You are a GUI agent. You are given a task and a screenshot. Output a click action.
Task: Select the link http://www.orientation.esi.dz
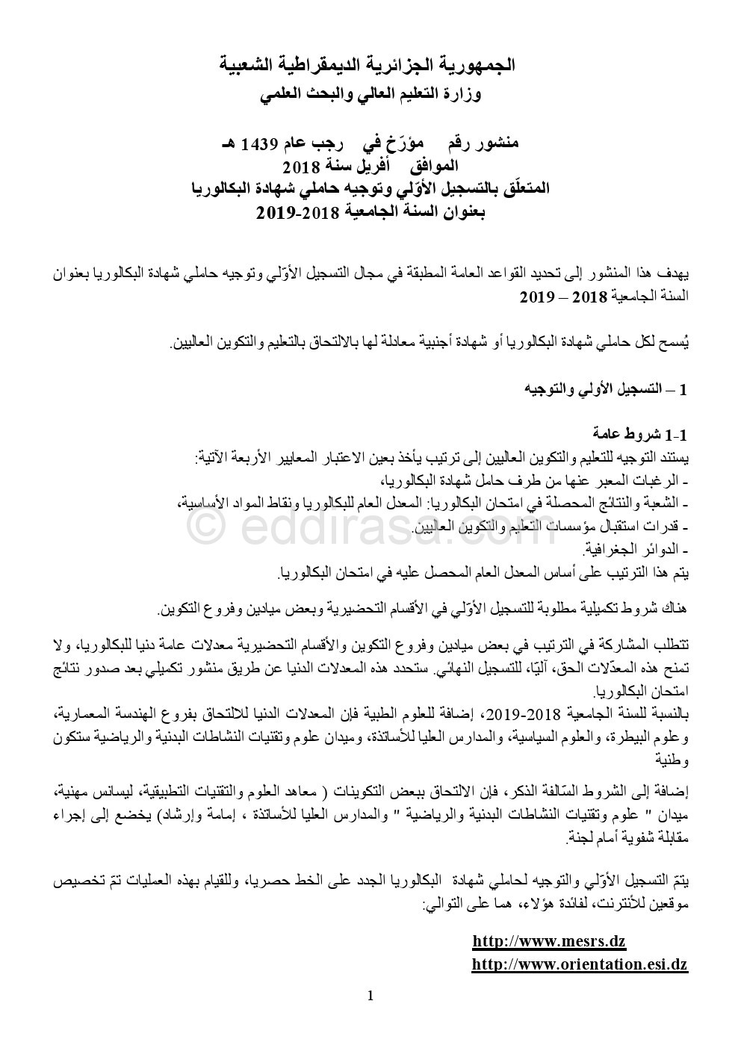pos(579,964)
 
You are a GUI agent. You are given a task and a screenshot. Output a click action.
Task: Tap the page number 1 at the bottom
pos(370,995)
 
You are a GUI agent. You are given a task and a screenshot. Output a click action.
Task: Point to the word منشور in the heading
pos(495,142)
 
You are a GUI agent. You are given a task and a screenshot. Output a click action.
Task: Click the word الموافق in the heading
pos(432,165)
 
